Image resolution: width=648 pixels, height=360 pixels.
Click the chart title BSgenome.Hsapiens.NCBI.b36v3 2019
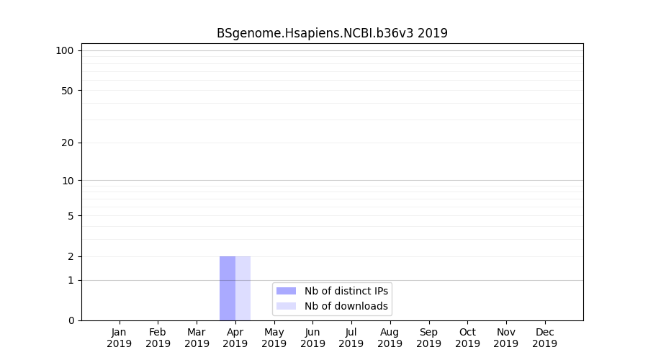click(x=332, y=33)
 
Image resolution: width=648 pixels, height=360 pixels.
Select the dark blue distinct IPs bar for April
click(x=228, y=288)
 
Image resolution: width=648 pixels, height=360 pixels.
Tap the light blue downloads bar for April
click(x=243, y=288)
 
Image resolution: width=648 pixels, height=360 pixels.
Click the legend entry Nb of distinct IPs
click(x=346, y=291)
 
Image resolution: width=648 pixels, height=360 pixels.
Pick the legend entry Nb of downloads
click(x=346, y=306)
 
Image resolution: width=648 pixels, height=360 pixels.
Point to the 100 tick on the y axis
click(x=65, y=50)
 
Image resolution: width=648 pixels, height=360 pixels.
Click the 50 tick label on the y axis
click(x=68, y=91)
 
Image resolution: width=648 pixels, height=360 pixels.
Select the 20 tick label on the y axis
click(x=68, y=143)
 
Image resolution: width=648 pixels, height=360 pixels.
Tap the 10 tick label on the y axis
click(x=68, y=181)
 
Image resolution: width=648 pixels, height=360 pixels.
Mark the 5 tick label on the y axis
click(x=71, y=216)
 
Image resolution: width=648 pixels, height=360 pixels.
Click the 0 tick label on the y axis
click(x=71, y=320)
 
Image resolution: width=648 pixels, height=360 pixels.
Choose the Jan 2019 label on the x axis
click(x=120, y=338)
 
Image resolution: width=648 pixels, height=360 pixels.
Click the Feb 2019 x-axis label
click(x=158, y=338)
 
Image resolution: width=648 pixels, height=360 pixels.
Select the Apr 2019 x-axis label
click(x=235, y=338)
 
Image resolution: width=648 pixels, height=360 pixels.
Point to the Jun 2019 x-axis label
click(x=312, y=338)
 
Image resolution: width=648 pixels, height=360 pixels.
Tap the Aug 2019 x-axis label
click(x=390, y=338)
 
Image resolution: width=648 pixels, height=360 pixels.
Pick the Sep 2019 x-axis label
click(x=428, y=338)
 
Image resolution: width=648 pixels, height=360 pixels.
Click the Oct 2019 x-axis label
click(x=467, y=338)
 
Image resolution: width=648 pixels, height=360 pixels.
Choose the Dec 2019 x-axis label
click(x=544, y=338)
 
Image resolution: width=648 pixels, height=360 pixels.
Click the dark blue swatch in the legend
click(x=286, y=291)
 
